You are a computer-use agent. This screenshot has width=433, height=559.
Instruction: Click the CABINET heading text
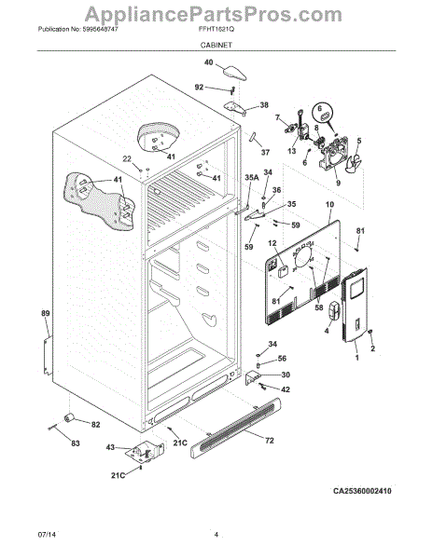click(216, 44)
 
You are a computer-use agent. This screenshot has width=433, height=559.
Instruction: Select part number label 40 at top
click(208, 63)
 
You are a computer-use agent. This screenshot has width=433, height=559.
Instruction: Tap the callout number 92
click(199, 87)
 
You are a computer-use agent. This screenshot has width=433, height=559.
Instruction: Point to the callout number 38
click(263, 105)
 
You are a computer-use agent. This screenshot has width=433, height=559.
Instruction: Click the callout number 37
click(264, 152)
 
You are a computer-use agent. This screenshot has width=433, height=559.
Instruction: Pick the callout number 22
click(126, 159)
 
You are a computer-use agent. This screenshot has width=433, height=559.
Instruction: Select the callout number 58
click(318, 307)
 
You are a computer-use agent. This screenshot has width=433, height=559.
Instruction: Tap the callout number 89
click(44, 314)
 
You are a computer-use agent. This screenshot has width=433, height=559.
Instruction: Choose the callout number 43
click(110, 448)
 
